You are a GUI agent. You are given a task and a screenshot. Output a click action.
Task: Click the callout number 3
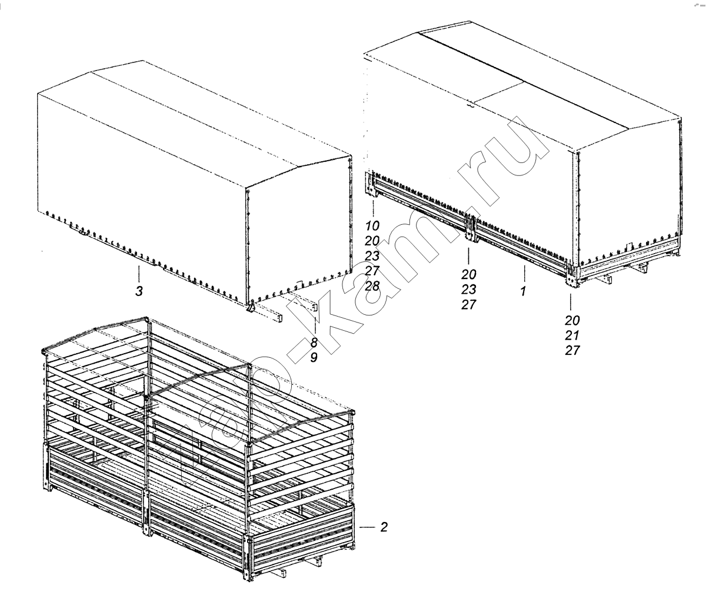click(139, 291)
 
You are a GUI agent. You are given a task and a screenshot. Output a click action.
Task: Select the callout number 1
click(524, 291)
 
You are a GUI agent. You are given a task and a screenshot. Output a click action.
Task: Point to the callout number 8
click(314, 343)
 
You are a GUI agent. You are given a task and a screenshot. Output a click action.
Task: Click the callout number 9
click(314, 358)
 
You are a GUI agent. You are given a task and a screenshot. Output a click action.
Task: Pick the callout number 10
click(372, 225)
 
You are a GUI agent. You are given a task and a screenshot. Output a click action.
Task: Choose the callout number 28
click(372, 286)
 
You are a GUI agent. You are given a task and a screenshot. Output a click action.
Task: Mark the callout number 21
click(572, 335)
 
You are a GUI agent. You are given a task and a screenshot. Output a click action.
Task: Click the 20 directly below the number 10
click(372, 241)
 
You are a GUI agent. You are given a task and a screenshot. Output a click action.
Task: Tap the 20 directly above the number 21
click(572, 320)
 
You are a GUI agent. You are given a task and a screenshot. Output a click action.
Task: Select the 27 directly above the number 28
click(372, 271)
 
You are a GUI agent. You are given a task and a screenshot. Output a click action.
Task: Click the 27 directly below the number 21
click(572, 350)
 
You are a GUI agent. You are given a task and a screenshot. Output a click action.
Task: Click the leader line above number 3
click(139, 273)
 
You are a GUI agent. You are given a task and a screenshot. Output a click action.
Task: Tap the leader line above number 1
click(524, 273)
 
